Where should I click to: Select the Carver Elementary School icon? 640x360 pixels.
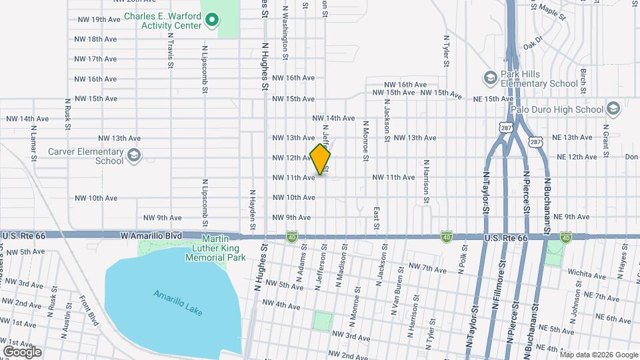coord(134,156)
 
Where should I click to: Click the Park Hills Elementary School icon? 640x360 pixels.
coord(491,79)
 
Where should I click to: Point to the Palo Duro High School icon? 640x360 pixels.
coord(613,109)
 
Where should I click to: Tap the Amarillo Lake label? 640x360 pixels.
coord(177,303)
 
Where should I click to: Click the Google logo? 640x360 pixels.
coord(22,351)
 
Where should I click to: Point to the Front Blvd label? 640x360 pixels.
coord(89,311)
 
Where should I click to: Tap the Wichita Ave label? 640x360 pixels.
coord(586,273)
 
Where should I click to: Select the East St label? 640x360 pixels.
coord(377,218)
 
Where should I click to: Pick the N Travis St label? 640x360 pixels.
coord(171,49)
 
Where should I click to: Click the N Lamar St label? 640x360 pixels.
coord(32,141)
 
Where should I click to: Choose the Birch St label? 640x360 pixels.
coord(583,80)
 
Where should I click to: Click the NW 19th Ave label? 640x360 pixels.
coord(97,19)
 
